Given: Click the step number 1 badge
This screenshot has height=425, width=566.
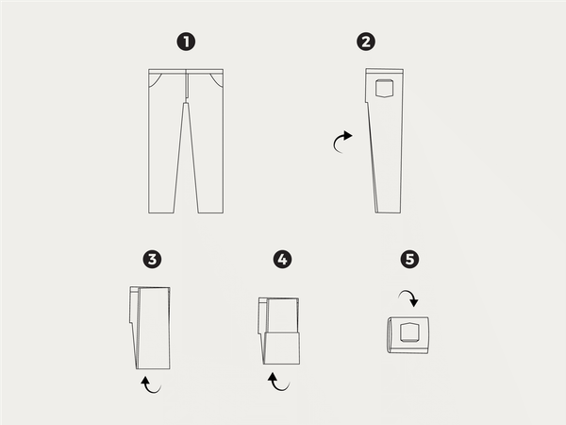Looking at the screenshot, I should pyautogui.click(x=187, y=42).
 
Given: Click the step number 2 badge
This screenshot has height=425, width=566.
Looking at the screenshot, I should pyautogui.click(x=365, y=42).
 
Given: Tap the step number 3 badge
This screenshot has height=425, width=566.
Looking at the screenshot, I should pyautogui.click(x=150, y=259).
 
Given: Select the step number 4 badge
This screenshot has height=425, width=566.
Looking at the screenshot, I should pyautogui.click(x=281, y=259).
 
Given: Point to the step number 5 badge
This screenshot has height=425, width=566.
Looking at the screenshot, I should pyautogui.click(x=408, y=259).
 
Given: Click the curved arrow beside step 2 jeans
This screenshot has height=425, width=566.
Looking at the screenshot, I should pyautogui.click(x=341, y=143).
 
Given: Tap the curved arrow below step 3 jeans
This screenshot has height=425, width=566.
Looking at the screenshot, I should pyautogui.click(x=150, y=384).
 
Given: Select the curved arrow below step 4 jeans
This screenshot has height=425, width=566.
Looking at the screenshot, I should pyautogui.click(x=276, y=382).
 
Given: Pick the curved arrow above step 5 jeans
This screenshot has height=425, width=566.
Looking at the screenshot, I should pyautogui.click(x=409, y=299).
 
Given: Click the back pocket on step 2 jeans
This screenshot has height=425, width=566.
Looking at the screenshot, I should pyautogui.click(x=384, y=90).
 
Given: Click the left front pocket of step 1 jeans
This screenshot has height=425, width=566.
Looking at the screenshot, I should pyautogui.click(x=157, y=79).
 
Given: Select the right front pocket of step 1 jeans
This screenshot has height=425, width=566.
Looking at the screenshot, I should pyautogui.click(x=217, y=79).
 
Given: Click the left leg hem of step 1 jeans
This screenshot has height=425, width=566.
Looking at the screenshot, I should pyautogui.click(x=162, y=212).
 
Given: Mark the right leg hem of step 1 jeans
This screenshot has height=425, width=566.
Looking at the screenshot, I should pyautogui.click(x=211, y=212).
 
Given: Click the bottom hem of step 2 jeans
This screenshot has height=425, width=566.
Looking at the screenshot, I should pyautogui.click(x=388, y=212).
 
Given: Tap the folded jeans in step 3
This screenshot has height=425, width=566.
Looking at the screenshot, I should pyautogui.click(x=151, y=327).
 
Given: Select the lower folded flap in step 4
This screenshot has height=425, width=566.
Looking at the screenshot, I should pyautogui.click(x=281, y=348).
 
